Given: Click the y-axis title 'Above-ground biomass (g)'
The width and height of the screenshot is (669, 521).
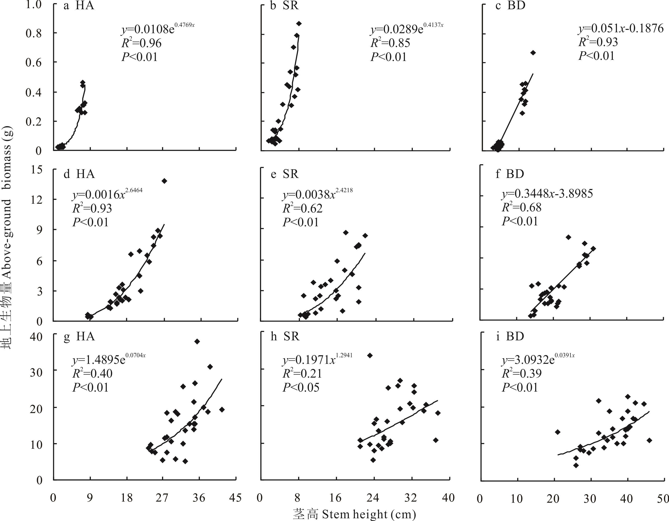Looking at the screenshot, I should (x=7, y=237).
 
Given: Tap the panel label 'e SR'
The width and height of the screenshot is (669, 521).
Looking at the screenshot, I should (x=285, y=174).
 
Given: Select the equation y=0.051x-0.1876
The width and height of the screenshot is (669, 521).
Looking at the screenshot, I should (x=621, y=28).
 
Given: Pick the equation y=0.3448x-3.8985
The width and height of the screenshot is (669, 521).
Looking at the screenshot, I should (x=547, y=194).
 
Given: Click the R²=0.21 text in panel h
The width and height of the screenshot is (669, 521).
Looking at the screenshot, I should (x=302, y=374).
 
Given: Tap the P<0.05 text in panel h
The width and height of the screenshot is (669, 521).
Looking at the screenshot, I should (x=301, y=388).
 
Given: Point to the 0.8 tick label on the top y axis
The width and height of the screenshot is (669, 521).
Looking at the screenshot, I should (x=34, y=33).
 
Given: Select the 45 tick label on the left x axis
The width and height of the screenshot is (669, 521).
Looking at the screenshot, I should (x=235, y=498).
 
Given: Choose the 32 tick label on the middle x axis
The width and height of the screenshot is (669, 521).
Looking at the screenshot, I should (x=410, y=498).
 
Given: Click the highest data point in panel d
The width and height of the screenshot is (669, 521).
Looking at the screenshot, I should (x=165, y=181).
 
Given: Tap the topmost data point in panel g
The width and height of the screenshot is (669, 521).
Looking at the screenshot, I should (x=197, y=341).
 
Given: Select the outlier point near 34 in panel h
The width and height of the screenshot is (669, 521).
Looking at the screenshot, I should (x=370, y=355).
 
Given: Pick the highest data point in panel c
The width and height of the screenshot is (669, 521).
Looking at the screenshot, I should (x=533, y=53).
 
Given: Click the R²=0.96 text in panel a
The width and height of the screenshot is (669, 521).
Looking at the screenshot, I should (x=141, y=43).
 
